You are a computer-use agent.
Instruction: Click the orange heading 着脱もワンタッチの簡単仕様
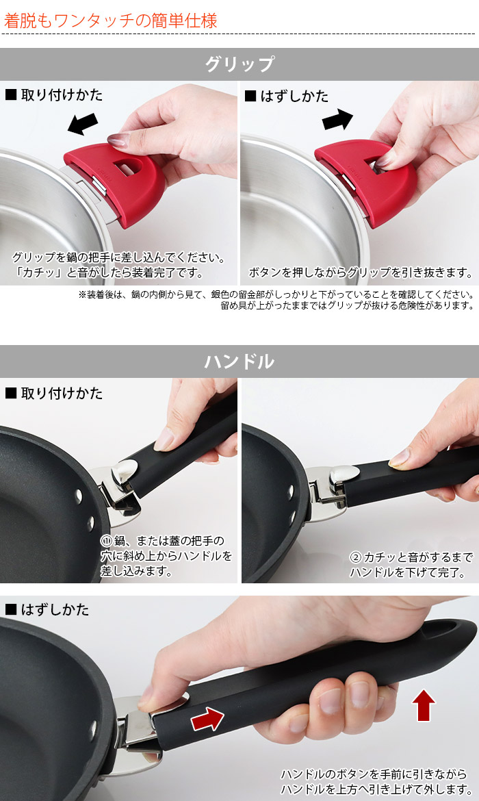(x=111, y=21)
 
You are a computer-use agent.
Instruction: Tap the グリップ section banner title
(x=239, y=64)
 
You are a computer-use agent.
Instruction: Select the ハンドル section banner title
(x=239, y=361)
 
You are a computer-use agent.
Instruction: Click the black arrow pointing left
(x=83, y=124)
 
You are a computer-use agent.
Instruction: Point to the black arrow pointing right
(x=337, y=120)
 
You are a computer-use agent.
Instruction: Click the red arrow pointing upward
(x=424, y=705)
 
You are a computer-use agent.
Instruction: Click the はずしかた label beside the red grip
(x=287, y=96)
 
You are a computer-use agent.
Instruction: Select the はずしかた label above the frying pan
(x=47, y=609)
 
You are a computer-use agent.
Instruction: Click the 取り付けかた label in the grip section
(x=54, y=94)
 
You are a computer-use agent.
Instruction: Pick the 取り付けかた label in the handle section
(x=54, y=393)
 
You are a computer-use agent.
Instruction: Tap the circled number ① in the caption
(x=106, y=541)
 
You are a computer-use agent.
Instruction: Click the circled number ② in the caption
(x=355, y=557)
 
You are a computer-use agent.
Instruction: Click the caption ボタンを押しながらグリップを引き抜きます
(x=361, y=272)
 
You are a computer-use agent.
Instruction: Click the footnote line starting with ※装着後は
(x=276, y=295)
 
